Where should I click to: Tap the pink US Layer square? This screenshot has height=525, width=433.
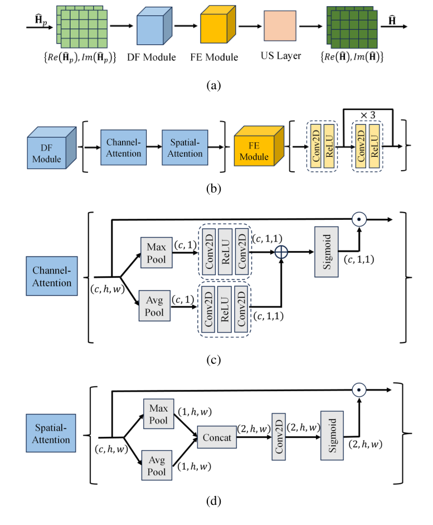pyautogui.click(x=280, y=28)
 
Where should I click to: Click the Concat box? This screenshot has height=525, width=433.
pyautogui.click(x=217, y=438)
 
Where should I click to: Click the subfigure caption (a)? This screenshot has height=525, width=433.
pyautogui.click(x=213, y=85)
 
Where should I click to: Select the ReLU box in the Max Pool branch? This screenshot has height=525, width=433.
pyautogui.click(x=225, y=251)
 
